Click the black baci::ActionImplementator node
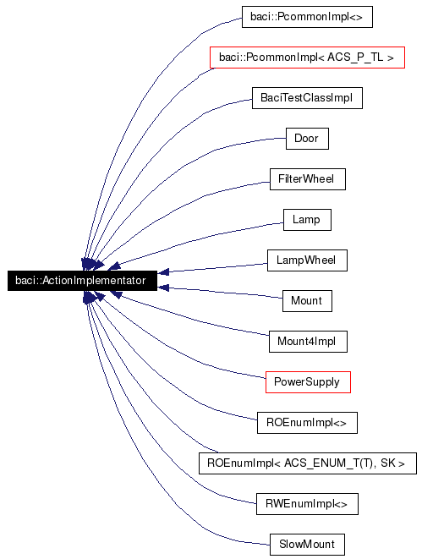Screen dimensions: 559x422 click(x=81, y=280)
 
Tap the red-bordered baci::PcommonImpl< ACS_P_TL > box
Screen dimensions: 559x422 click(x=306, y=58)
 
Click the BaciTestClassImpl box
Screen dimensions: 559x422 click(x=306, y=98)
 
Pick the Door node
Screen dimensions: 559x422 click(x=306, y=138)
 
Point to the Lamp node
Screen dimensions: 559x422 click(x=306, y=220)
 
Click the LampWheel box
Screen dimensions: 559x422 click(x=306, y=260)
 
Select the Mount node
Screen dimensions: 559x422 click(x=306, y=300)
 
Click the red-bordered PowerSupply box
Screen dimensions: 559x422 click(x=306, y=381)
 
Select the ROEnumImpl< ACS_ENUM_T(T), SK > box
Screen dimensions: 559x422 click(x=306, y=463)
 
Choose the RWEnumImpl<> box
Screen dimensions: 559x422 click(x=306, y=504)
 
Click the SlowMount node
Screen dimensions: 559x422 click(x=306, y=544)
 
